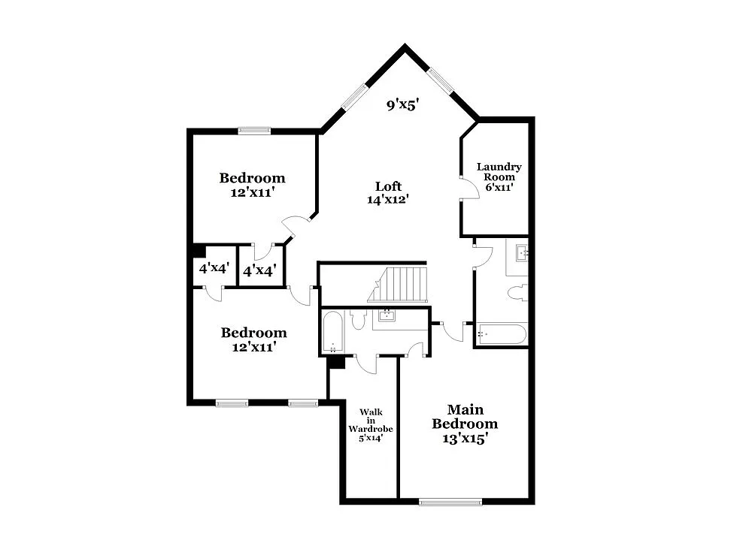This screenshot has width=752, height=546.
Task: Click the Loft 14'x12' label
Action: coord(388,192)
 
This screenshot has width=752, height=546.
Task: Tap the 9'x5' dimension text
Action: coord(402,105)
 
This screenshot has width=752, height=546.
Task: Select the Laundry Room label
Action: coord(499,176)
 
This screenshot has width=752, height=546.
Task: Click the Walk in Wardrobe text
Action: coord(371,424)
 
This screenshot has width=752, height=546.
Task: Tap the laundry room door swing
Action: coord(470,189)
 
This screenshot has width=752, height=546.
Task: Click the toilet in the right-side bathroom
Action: coord(517,293)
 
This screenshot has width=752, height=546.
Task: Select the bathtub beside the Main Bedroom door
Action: coord(502,333)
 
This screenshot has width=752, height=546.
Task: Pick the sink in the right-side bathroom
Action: coord(519,253)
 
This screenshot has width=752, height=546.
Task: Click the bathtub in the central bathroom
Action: coord(332,332)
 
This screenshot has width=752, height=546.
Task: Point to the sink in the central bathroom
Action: coord(387,315)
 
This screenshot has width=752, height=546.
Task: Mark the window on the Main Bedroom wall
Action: coord(450,502)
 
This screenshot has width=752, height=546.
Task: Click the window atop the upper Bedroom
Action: coord(254,131)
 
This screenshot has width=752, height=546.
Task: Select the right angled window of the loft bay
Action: coord(441,82)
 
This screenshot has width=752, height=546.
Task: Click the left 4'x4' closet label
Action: coord(213,268)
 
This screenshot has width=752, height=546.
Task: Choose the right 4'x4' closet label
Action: coord(259,269)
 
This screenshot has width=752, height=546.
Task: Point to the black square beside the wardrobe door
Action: coord(336,362)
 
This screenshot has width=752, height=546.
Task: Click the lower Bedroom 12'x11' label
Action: coord(253,339)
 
